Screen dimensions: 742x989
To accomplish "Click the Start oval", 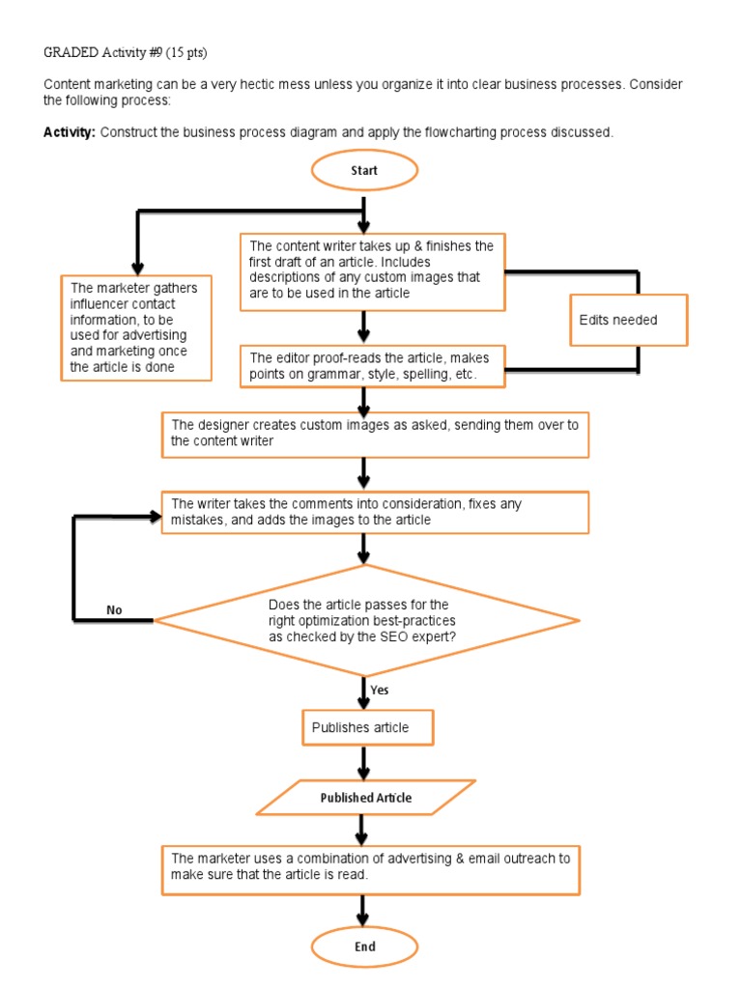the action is point(364,170).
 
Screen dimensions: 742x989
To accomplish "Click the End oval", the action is point(364,947).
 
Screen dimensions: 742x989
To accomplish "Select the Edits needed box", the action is point(628,320).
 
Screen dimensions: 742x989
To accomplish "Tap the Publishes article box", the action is point(368,727).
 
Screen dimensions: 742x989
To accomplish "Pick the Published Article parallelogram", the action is point(366,797).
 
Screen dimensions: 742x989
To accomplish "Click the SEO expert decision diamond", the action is point(366,621).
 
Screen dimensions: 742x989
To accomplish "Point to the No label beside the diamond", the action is point(114,610).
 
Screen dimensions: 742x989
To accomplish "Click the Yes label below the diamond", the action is point(379,690).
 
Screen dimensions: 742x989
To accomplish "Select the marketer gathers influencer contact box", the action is point(136,328).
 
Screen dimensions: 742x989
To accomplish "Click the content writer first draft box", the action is point(372,271).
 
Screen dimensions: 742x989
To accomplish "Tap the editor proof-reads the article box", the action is point(372,366).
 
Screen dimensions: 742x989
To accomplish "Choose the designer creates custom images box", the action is point(375,435).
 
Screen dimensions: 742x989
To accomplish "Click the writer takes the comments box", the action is point(375,512).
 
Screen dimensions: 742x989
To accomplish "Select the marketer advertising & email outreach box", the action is point(370,870).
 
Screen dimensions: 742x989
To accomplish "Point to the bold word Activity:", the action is point(70,132).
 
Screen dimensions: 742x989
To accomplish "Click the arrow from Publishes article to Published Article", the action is point(363,763).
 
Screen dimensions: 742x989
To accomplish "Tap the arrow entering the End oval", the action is point(362,911).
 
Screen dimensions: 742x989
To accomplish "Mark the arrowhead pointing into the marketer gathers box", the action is point(137,268).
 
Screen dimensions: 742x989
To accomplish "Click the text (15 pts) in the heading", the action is point(186,52).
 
